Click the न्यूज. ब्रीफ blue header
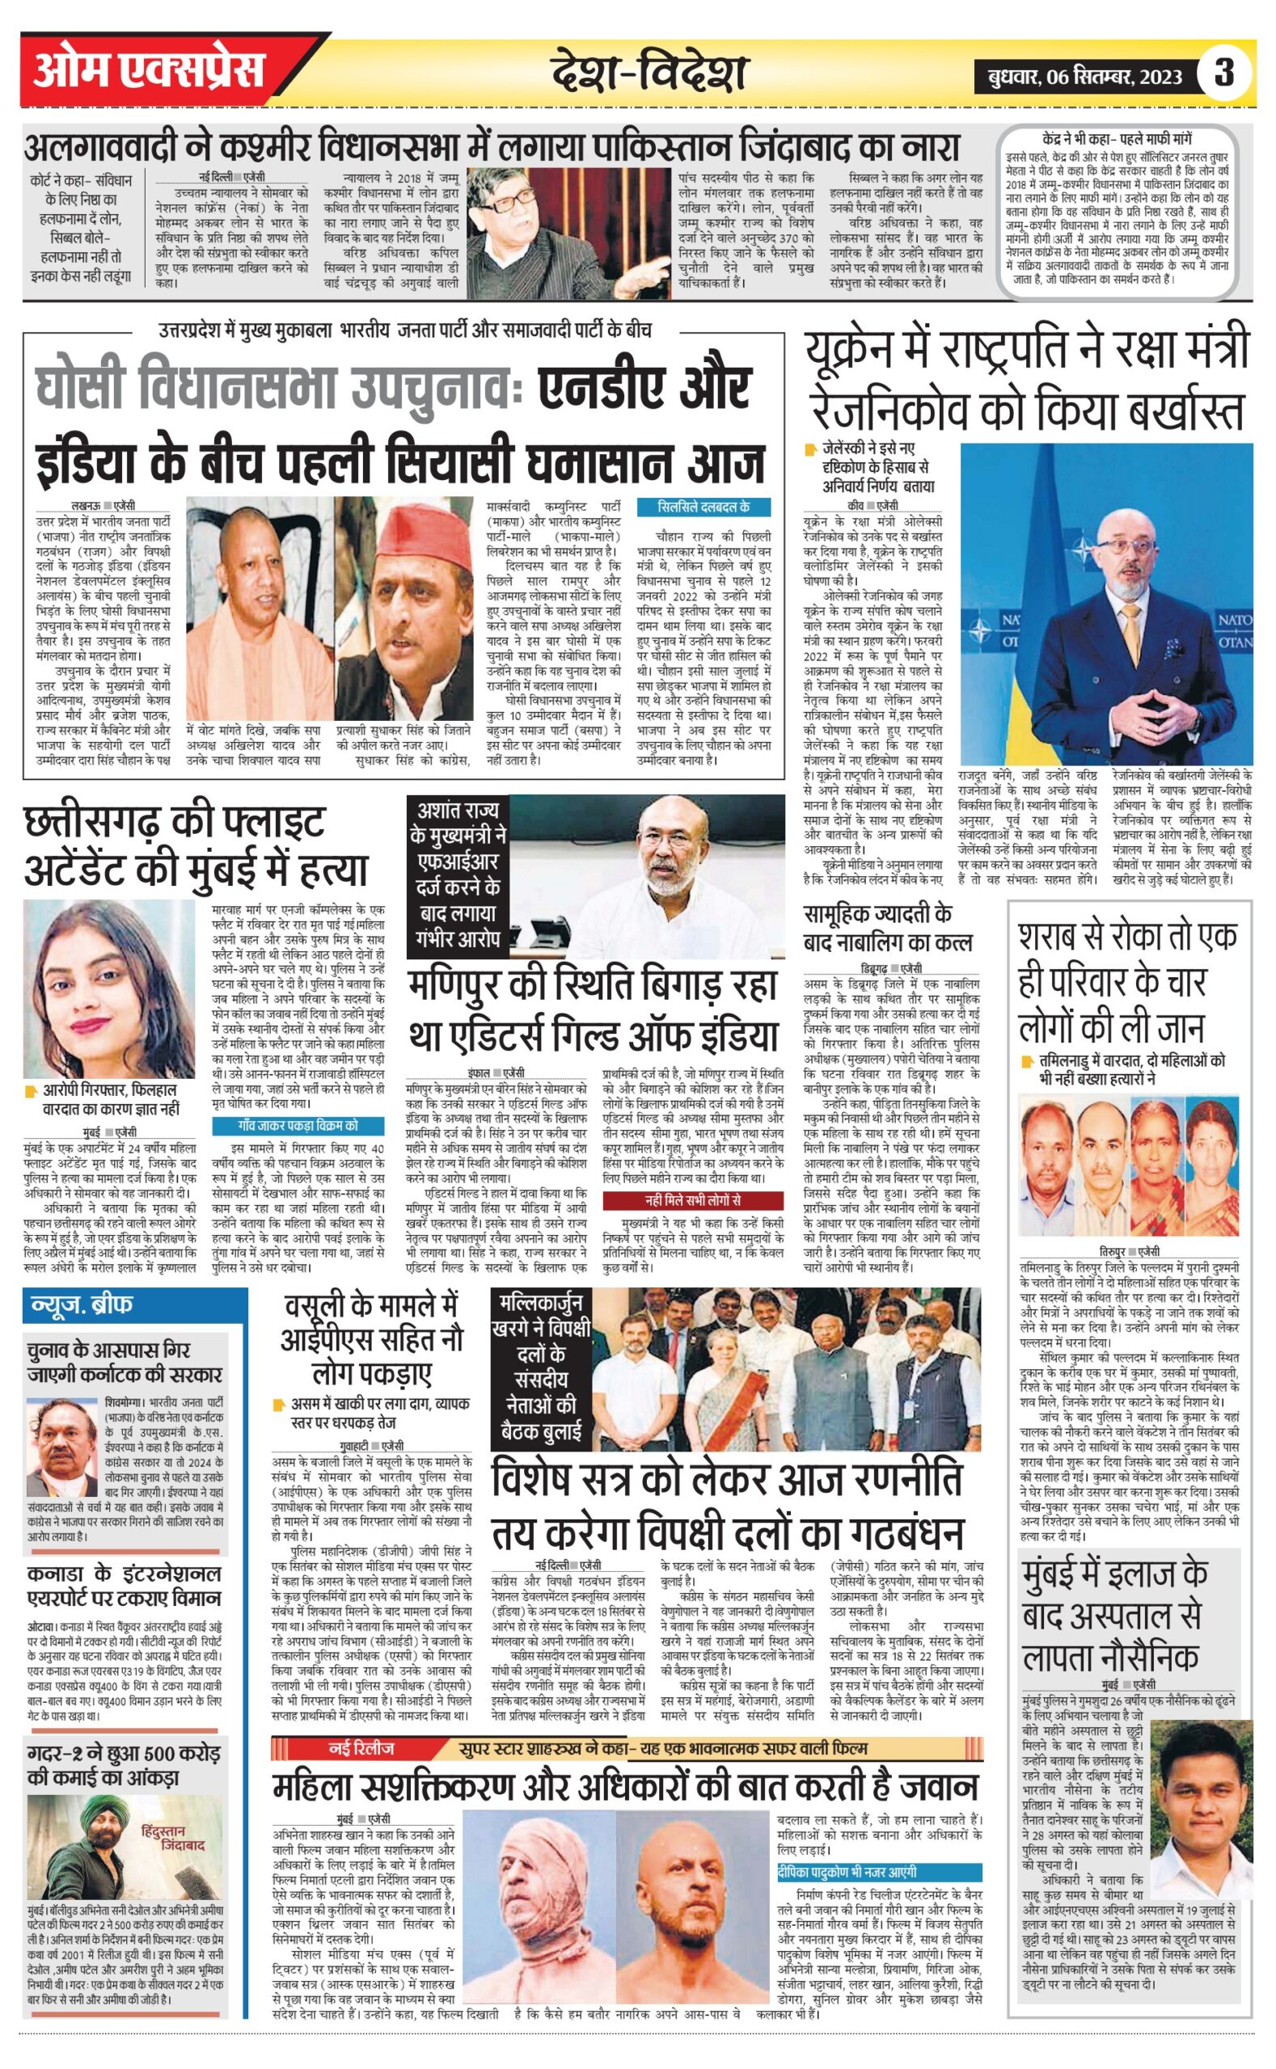(x=82, y=1306)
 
